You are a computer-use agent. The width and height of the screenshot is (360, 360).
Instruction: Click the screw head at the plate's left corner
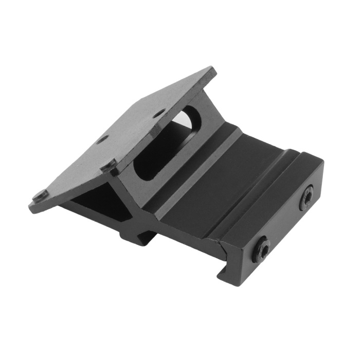click(x=40, y=195)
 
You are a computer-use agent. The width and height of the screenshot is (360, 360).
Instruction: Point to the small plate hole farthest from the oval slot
click(x=103, y=138)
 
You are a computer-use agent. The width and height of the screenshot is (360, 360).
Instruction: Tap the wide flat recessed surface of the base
click(x=216, y=185)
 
